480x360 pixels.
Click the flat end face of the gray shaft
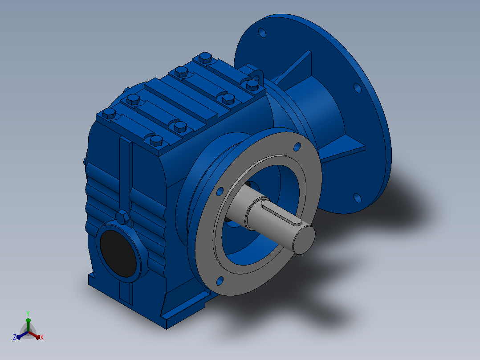(304, 240)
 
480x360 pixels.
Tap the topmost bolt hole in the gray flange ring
(297, 147)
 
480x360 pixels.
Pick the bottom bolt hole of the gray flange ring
(220, 281)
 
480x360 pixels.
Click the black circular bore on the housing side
(118, 253)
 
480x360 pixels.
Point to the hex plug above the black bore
(123, 217)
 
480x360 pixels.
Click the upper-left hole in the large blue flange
(262, 33)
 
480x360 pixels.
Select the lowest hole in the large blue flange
(357, 198)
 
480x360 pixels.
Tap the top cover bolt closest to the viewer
(156, 141)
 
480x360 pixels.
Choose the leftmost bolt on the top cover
(109, 113)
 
